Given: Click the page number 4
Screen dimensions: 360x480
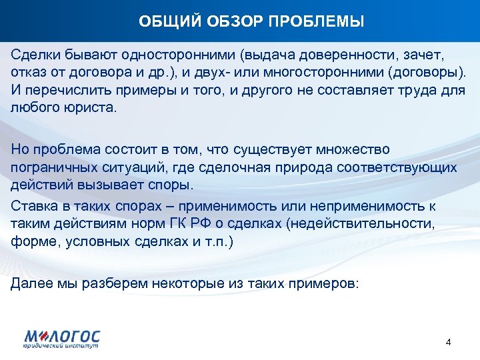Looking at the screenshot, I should [448, 342].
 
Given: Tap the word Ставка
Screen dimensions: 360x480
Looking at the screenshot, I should [33, 206].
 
